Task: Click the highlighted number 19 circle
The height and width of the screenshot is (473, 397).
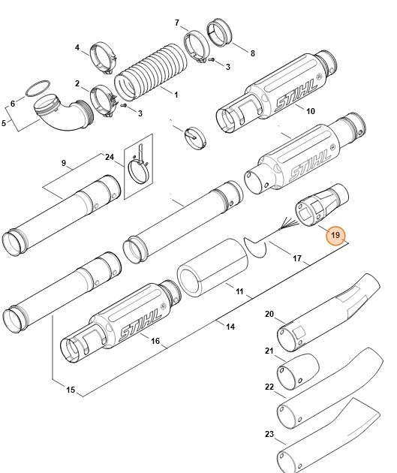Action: pos(335,235)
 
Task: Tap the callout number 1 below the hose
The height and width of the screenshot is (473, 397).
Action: pos(175,95)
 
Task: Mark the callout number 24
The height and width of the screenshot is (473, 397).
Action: pos(110,158)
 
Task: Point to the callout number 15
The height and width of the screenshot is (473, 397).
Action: pos(71,390)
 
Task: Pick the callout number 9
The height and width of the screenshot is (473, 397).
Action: pos(64,163)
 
